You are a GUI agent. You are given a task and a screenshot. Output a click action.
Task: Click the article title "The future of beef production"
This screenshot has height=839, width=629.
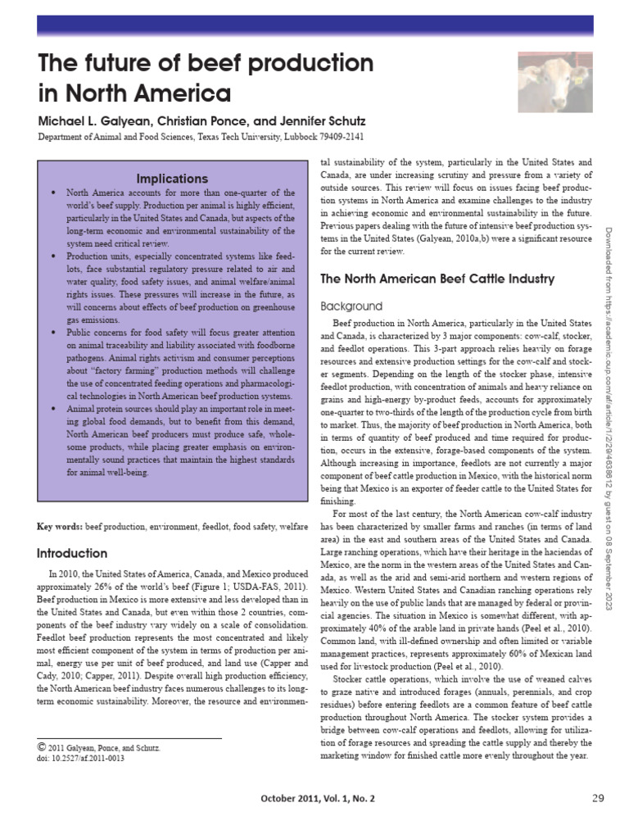coord(206,64)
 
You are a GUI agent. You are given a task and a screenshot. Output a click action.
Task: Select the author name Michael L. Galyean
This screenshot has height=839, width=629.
coord(90,120)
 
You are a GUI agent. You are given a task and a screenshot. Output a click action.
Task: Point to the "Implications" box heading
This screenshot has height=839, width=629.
coord(172,179)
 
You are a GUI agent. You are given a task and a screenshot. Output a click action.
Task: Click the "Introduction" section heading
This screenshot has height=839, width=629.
coord(73,553)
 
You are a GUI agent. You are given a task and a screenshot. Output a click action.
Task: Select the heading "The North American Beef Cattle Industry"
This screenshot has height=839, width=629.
coord(437,279)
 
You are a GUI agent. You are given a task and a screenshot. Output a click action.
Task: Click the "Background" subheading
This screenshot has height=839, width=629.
coord(351,306)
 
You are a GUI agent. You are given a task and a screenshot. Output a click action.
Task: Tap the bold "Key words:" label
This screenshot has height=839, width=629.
coord(61,525)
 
